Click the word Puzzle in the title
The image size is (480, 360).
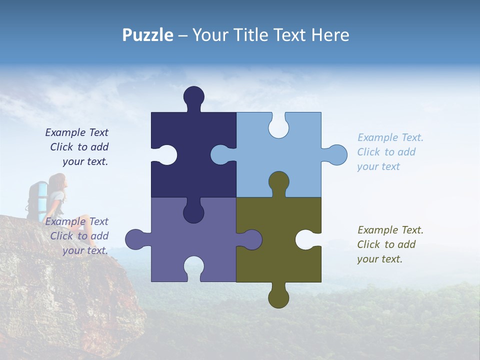pyautogui.click(x=148, y=35)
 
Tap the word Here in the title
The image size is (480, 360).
pyautogui.click(x=330, y=35)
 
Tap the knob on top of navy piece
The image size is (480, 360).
pyautogui.click(x=193, y=96)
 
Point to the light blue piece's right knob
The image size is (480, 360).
pyautogui.click(x=337, y=155)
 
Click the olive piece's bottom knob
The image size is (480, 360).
pyautogui.click(x=278, y=298)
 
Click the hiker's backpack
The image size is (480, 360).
pyautogui.click(x=39, y=197)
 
